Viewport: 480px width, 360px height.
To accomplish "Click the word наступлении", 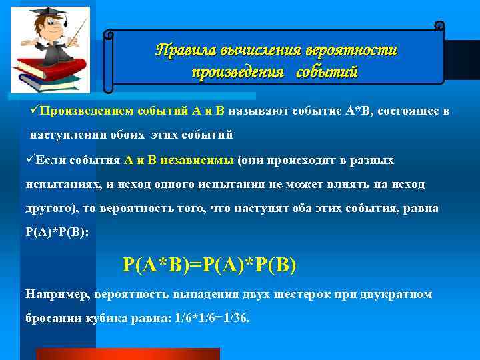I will tap(66, 135).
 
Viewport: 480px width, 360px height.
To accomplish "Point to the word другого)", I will tap(52, 208).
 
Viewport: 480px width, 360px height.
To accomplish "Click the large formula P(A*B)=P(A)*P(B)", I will tap(209, 264).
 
